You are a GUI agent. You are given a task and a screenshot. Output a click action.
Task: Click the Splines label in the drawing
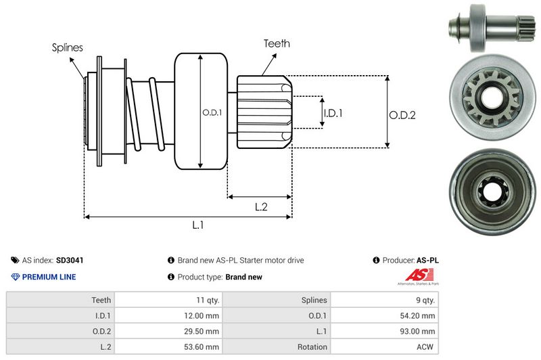coord(68,47)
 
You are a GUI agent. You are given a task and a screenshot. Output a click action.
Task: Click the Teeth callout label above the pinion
coord(277,43)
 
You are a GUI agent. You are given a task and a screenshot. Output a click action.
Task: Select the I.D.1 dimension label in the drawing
coord(333,114)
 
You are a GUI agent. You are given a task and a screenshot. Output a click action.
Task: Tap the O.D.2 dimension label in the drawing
coord(402,115)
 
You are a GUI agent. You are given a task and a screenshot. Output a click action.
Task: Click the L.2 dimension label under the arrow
coord(261,207)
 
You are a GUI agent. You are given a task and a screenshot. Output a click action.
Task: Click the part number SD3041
coord(70,260)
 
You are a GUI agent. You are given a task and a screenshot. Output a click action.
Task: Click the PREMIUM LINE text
coord(49,277)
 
